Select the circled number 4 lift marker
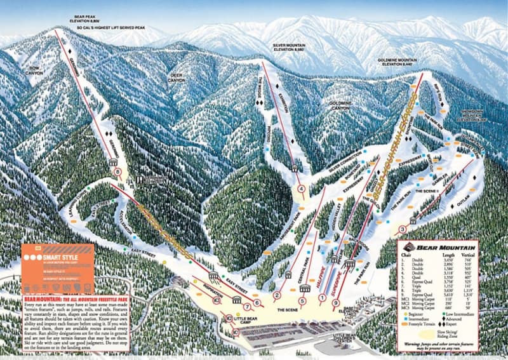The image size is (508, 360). [300, 188]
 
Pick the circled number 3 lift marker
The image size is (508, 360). [403, 229]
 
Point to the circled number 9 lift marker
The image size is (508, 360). [335, 303]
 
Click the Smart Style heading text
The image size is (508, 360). [57, 258]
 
